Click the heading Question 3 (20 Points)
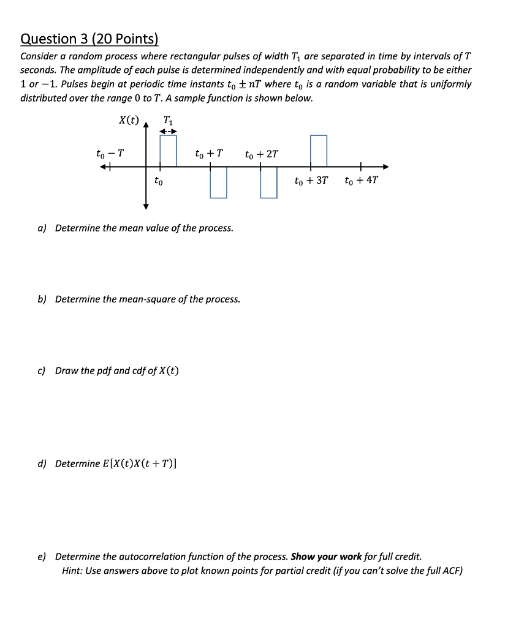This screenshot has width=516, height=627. point(89,39)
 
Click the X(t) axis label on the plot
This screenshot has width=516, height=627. point(129,120)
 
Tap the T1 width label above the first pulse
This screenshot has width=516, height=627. point(168,120)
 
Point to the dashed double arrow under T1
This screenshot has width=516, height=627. point(168,131)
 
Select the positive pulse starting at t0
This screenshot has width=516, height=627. point(168,151)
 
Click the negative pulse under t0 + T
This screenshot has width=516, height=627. point(218,182)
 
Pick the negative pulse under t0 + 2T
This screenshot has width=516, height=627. point(268,182)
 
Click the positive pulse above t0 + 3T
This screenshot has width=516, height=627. point(318,151)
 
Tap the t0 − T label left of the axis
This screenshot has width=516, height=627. point(110,153)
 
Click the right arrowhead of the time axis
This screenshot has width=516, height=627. point(385,166)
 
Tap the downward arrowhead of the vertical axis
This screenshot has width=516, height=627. point(146,206)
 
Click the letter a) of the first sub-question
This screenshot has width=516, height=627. point(42,228)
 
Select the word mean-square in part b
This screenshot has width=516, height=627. point(156,299)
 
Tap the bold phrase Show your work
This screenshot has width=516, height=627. point(326,557)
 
